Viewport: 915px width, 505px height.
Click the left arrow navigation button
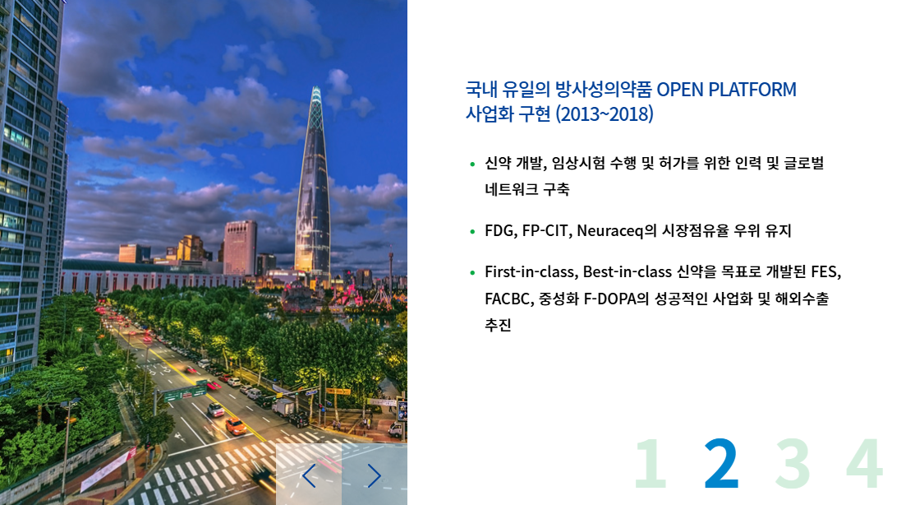(309, 475)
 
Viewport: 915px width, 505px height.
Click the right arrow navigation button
(374, 475)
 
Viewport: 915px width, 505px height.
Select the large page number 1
(651, 463)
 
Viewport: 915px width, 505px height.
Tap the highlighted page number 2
(721, 463)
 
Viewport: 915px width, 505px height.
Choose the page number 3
(793, 463)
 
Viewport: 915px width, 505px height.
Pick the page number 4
(864, 463)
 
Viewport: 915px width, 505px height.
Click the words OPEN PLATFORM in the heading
(727, 90)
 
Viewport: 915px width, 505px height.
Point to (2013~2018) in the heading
(605, 114)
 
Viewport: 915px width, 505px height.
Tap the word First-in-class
(531, 271)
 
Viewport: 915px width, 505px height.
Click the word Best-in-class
(628, 271)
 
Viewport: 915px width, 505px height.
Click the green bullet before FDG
(472, 231)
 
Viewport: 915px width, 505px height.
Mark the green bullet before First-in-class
(472, 272)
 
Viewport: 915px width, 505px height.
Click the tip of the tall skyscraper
(315, 88)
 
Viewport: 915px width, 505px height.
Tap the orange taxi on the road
(236, 427)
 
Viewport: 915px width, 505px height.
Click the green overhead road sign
(186, 391)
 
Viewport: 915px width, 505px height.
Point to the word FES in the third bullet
(825, 271)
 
